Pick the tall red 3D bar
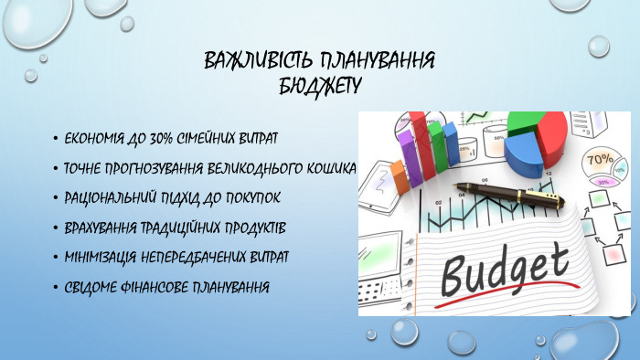(x=417, y=142)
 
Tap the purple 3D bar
(x=435, y=146)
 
